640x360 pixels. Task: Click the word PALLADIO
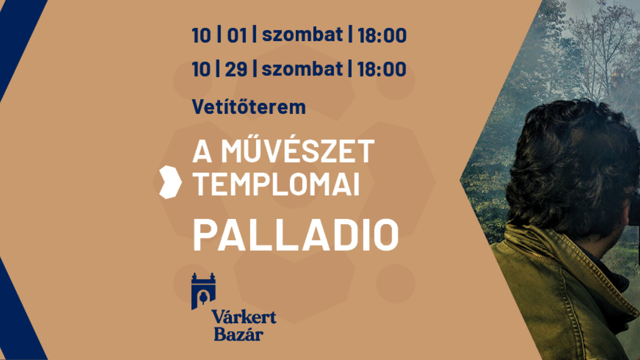tap(296, 235)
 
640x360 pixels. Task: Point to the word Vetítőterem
tap(249, 107)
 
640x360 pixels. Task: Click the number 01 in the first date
tap(237, 36)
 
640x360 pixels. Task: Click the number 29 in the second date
tap(236, 69)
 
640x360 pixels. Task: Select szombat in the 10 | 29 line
tap(302, 69)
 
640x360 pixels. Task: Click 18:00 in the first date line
tap(382, 36)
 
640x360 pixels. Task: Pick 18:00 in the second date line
tap(382, 69)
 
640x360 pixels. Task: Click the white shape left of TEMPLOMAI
tap(170, 182)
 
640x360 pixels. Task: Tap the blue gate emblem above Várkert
tap(203, 291)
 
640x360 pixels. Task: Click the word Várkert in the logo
tap(244, 317)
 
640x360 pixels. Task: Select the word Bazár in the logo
tap(239, 334)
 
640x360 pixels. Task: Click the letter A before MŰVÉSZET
tap(202, 152)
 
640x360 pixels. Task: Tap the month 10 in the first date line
tap(201, 36)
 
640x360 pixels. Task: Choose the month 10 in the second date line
tap(201, 69)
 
